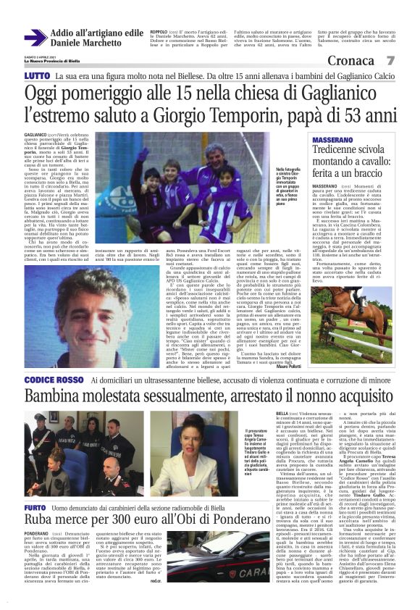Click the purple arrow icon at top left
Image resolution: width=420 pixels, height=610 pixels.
click(35, 38)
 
